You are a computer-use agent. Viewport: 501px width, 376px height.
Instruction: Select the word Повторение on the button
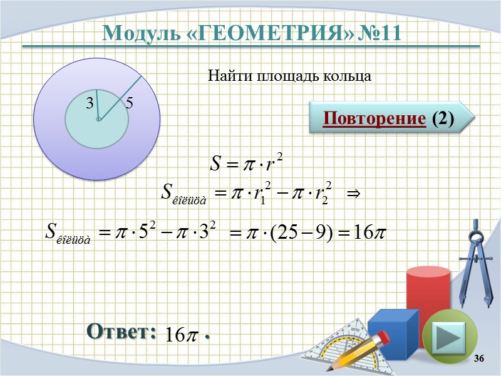click(x=373, y=118)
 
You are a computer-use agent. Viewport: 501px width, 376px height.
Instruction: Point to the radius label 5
click(x=129, y=103)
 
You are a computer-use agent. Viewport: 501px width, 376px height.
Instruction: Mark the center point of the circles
click(x=98, y=118)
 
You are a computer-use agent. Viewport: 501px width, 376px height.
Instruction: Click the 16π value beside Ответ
click(x=180, y=335)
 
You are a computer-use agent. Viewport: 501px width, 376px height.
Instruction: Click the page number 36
click(x=480, y=358)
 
